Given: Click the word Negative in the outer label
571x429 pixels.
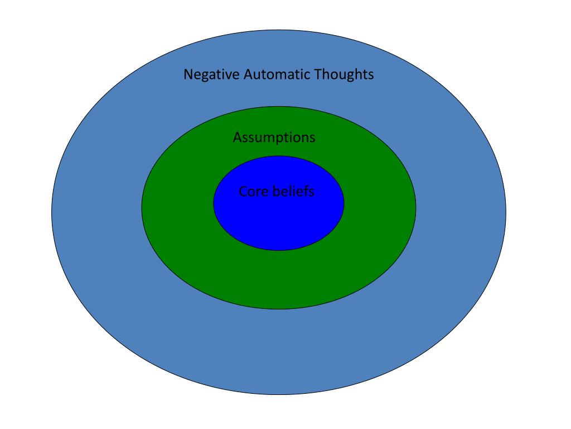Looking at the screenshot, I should pyautogui.click(x=212, y=74).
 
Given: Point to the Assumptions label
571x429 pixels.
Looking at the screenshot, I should pyautogui.click(x=274, y=137).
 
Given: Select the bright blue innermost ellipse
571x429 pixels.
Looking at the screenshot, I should pyautogui.click(x=279, y=221).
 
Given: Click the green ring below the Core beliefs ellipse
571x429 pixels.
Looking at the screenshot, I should pyautogui.click(x=279, y=279).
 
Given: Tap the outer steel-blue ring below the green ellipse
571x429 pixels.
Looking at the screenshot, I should pyautogui.click(x=279, y=352).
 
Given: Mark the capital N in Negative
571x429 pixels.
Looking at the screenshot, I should pyautogui.click(x=188, y=74).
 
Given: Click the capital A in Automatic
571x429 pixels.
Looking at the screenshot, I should pyautogui.click(x=248, y=74).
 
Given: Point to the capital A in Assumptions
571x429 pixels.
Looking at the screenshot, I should pyautogui.click(x=237, y=137).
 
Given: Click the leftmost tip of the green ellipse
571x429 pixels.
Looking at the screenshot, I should pyautogui.click(x=142, y=207).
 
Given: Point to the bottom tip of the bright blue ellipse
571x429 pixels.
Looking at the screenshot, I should pyautogui.click(x=279, y=250).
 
